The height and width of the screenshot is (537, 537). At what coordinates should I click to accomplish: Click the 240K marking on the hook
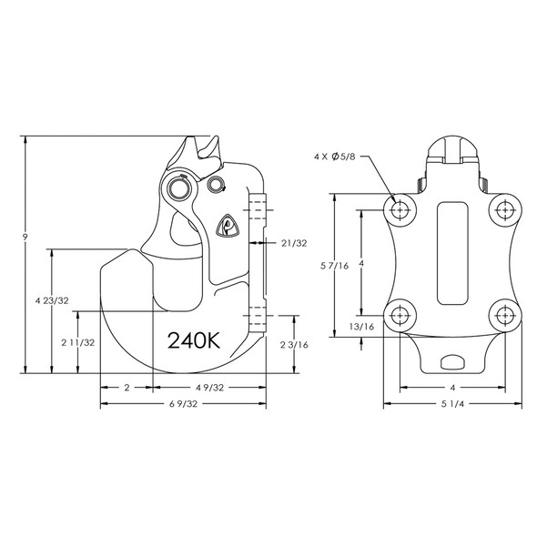coord(194,340)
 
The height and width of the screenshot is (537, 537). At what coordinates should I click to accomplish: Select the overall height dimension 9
coord(27,238)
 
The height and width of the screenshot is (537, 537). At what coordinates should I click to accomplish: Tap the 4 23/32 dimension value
coord(51,299)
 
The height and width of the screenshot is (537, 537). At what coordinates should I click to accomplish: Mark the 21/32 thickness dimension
coord(293,243)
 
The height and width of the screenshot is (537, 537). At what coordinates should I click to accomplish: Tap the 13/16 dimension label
coord(361,326)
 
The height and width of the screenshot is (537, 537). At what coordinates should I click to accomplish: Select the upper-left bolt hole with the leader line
coord(399,209)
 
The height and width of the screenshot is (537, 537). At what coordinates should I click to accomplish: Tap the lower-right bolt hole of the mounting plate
coord(504,316)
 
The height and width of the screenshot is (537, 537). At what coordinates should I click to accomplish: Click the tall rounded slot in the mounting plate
coord(451,255)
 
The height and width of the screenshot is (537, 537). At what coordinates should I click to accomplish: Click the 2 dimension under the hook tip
coord(126,388)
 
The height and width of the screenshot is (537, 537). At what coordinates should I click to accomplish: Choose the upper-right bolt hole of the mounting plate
coord(504,209)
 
